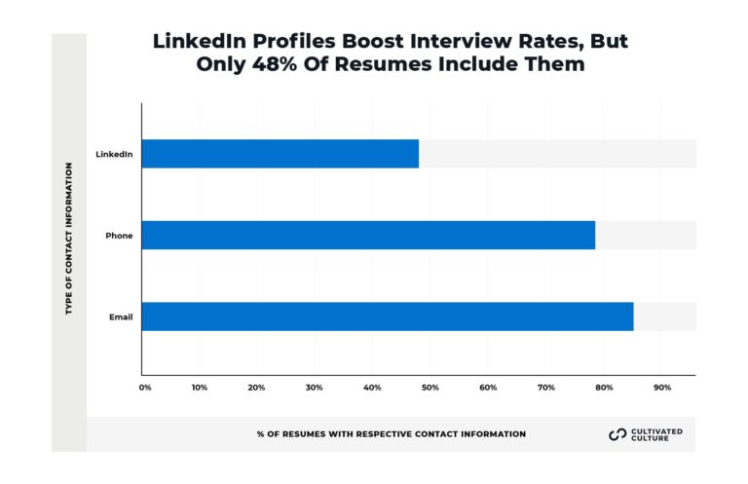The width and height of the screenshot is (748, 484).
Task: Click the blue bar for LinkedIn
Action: tap(280, 154)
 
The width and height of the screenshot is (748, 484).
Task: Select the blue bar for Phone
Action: tap(368, 236)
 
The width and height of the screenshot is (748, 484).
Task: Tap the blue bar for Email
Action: tap(388, 316)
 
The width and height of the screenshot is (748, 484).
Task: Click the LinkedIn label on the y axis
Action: tap(114, 154)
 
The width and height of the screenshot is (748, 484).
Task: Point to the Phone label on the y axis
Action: tap(120, 236)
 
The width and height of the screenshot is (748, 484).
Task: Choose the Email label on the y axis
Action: tap(121, 316)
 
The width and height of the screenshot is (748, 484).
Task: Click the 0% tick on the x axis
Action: tap(145, 388)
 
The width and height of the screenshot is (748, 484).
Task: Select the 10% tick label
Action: tap(199, 388)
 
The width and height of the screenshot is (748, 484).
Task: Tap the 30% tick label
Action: tap(315, 388)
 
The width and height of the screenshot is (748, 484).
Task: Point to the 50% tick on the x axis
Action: tap(430, 388)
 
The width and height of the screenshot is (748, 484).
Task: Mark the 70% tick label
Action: tap(546, 388)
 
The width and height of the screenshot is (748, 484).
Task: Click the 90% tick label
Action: tap(662, 388)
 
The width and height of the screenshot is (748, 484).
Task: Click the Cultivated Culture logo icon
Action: tap(617, 434)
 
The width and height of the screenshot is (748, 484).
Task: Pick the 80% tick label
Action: tap(604, 388)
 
